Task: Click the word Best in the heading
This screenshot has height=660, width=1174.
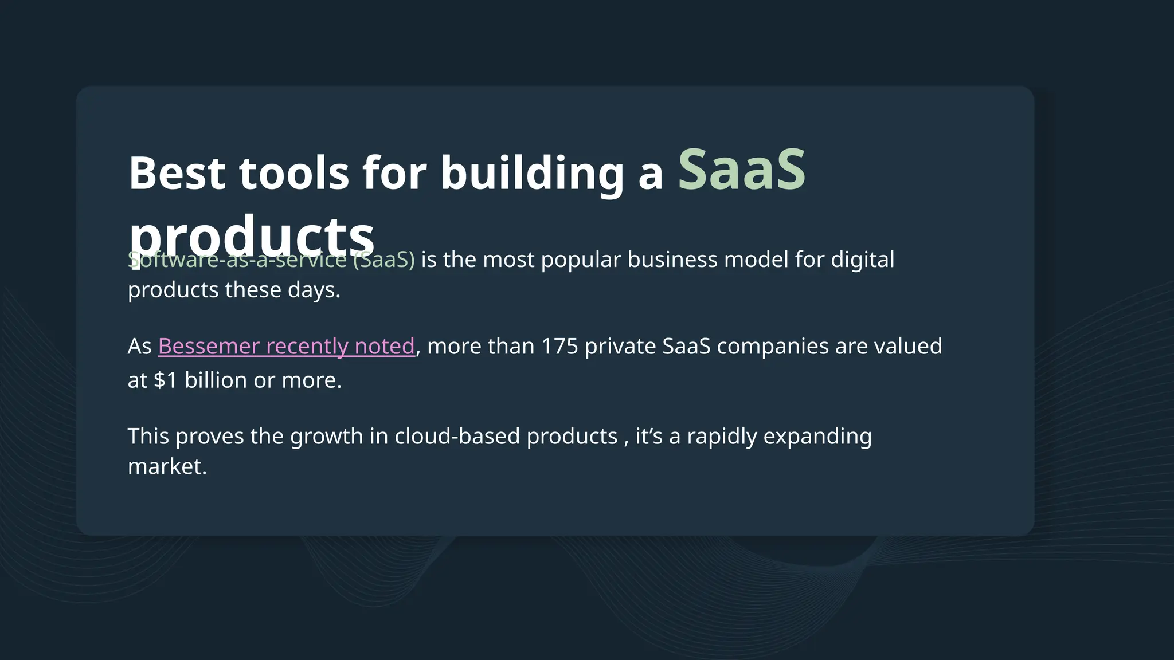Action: tap(177, 173)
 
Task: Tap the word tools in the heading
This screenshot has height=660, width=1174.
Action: tap(293, 173)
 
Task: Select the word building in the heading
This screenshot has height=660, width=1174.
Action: tap(532, 173)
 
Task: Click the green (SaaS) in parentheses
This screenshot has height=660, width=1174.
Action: tap(383, 260)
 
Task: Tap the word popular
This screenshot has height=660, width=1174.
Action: tap(581, 260)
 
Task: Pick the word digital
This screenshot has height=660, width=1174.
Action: tap(863, 260)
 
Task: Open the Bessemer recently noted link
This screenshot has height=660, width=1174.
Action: tap(286, 347)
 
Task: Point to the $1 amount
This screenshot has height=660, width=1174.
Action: tap(165, 380)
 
